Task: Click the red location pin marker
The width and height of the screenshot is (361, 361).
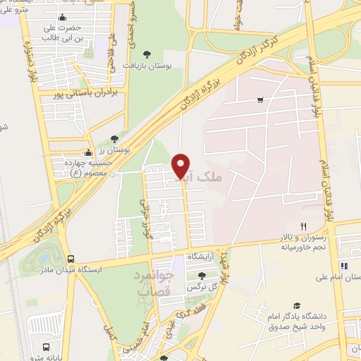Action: (182, 166)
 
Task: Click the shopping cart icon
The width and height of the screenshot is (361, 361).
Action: (261, 100)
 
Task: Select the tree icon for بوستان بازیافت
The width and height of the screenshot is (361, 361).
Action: (147, 54)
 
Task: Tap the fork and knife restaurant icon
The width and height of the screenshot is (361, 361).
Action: (303, 227)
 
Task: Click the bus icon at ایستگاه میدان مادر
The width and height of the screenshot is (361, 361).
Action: (70, 259)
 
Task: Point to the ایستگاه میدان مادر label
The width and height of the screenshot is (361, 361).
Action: (71, 270)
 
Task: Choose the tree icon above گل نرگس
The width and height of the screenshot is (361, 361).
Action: (202, 276)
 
